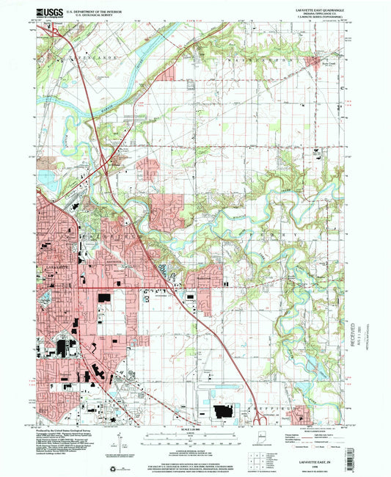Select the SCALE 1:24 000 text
pos(194,429)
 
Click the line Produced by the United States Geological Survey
pos(70,428)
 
